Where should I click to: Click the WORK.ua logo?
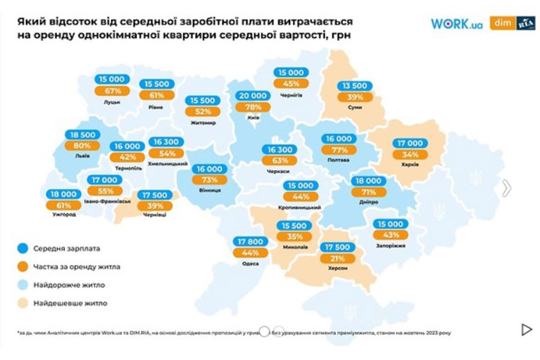click(x=456, y=24)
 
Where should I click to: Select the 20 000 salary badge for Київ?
click(x=252, y=95)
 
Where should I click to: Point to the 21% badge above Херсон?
click(x=337, y=258)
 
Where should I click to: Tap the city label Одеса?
click(x=250, y=264)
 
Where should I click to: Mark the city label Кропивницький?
click(x=300, y=207)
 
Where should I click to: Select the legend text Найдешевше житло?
click(x=70, y=303)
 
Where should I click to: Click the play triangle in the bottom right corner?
click(x=526, y=330)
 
